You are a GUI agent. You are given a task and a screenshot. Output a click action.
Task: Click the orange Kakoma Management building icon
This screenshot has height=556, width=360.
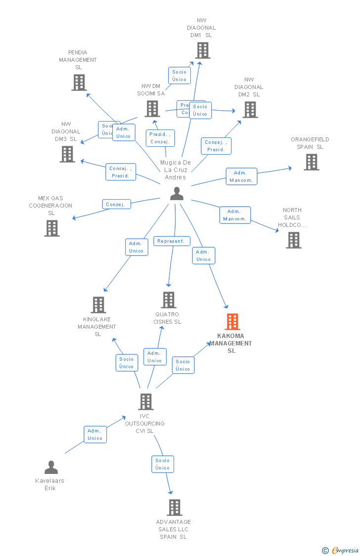tap(232, 322)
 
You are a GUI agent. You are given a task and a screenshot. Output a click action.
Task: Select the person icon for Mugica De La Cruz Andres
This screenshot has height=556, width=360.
tap(177, 194)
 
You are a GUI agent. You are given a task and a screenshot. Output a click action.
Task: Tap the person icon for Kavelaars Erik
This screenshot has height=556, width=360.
tap(51, 467)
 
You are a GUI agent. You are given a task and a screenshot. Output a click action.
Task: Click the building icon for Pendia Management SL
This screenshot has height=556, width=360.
tap(79, 83)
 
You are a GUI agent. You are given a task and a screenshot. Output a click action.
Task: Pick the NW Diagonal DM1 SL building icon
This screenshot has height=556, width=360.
tap(202, 50)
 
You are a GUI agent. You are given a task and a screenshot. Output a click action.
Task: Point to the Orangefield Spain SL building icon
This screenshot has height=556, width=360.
tap(311, 162)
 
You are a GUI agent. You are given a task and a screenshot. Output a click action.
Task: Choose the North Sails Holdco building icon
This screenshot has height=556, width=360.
tap(293, 240)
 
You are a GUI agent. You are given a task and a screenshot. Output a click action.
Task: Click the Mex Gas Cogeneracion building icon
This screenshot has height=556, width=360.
tap(51, 228)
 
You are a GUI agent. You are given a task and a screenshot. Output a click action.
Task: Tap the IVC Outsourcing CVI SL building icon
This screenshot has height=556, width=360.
tap(145, 402)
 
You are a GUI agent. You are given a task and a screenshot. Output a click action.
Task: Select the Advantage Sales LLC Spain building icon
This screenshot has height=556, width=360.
tap(174, 508)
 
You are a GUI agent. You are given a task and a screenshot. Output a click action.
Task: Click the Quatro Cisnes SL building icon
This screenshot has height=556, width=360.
tap(169, 300)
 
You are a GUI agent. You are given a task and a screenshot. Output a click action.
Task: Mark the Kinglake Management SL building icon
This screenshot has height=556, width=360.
tap(98, 305)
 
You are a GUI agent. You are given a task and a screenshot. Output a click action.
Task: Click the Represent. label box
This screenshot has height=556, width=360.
tap(172, 241)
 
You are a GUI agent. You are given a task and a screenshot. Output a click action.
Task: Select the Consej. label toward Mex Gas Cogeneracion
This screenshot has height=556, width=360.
tap(116, 204)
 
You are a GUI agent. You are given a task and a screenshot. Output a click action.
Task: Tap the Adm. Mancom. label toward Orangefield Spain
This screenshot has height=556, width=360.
tap(241, 176)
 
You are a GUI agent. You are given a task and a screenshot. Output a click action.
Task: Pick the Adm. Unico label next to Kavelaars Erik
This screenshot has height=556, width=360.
tap(95, 434)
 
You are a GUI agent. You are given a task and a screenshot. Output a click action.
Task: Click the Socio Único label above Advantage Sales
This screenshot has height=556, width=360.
tap(162, 464)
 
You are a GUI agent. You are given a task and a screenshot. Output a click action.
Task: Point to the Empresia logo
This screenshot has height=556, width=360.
tap(341, 550)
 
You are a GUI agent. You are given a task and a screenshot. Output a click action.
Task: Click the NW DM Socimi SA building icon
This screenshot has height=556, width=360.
tap(152, 109)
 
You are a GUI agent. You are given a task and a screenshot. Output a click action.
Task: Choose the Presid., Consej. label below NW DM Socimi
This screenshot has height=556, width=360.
tap(160, 138)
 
